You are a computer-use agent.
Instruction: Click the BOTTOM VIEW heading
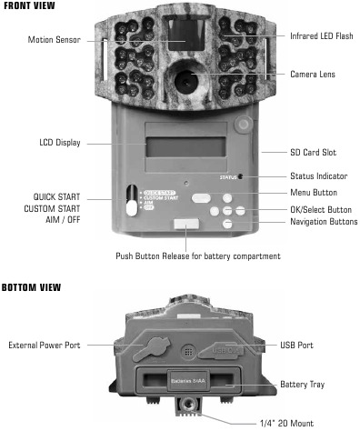[x=32, y=287]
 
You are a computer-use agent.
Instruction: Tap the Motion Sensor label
[x=54, y=40]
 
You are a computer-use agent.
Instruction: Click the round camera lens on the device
[x=186, y=80]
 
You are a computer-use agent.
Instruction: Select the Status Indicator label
[x=319, y=175]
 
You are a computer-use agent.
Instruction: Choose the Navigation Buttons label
[x=323, y=221]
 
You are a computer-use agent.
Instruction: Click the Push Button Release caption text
[x=198, y=256]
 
